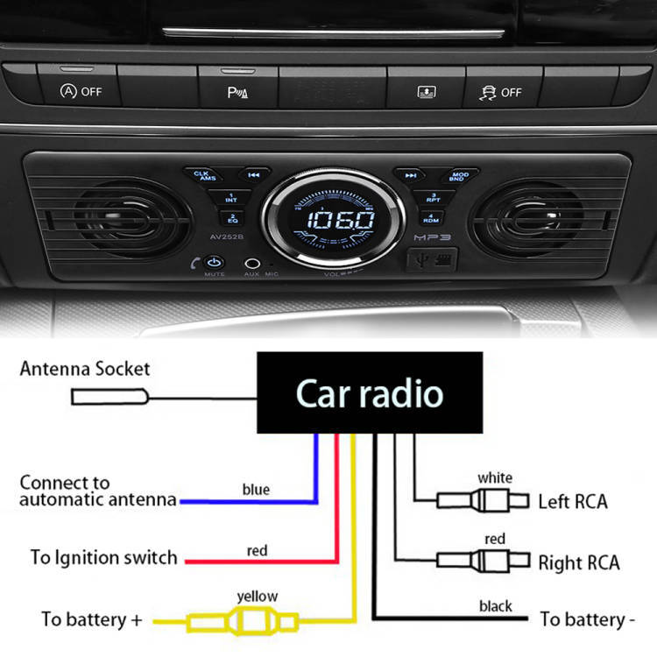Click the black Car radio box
coord(369,393)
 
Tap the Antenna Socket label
coord(85,369)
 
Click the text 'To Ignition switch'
coord(103,558)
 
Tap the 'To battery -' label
coord(587,620)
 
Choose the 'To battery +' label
coord(91,619)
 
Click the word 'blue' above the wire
coord(256,489)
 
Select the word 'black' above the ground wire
coord(495,605)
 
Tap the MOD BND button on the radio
coord(459,175)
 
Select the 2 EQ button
coord(232,217)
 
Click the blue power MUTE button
coord(215,262)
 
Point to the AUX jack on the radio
coord(252,262)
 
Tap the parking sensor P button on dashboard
coord(237,91)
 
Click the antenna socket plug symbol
coord(109,397)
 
